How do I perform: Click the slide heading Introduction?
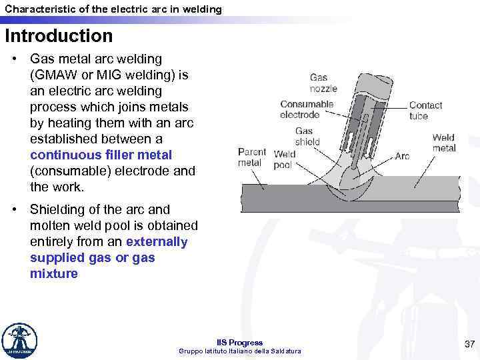pyautogui.click(x=59, y=35)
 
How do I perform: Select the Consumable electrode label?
pyautogui.click(x=307, y=109)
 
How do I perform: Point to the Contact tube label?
pyautogui.click(x=425, y=111)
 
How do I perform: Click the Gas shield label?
pyautogui.click(x=307, y=137)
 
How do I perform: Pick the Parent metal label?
pyautogui.click(x=251, y=157)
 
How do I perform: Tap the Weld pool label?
pyautogui.click(x=285, y=159)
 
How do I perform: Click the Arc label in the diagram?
pyautogui.click(x=402, y=156)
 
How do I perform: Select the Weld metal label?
pyautogui.click(x=443, y=143)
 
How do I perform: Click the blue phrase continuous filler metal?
pyautogui.click(x=101, y=155)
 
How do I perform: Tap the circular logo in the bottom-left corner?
pyautogui.click(x=20, y=341)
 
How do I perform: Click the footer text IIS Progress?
pyautogui.click(x=240, y=343)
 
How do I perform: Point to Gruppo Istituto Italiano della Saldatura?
pyautogui.click(x=240, y=351)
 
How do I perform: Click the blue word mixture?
pyautogui.click(x=54, y=273)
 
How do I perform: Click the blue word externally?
pyautogui.click(x=157, y=241)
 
